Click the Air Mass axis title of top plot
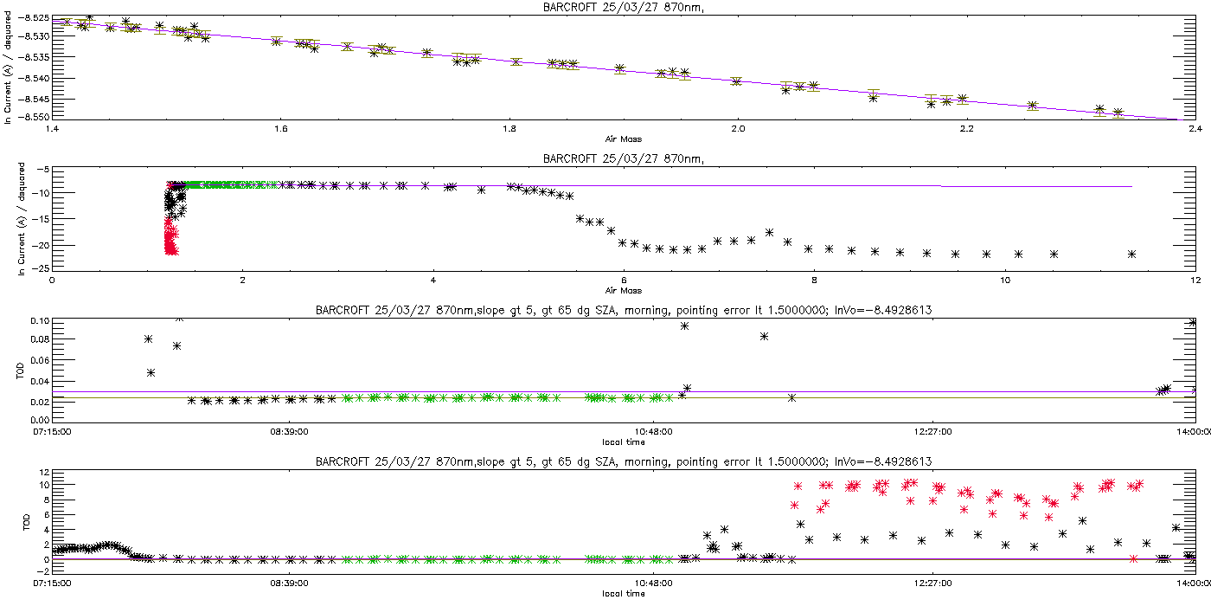(x=623, y=139)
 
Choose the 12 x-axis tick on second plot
(x=1194, y=280)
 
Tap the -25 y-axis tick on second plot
(x=38, y=268)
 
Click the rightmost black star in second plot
(x=1131, y=254)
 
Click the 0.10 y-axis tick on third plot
(x=38, y=321)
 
